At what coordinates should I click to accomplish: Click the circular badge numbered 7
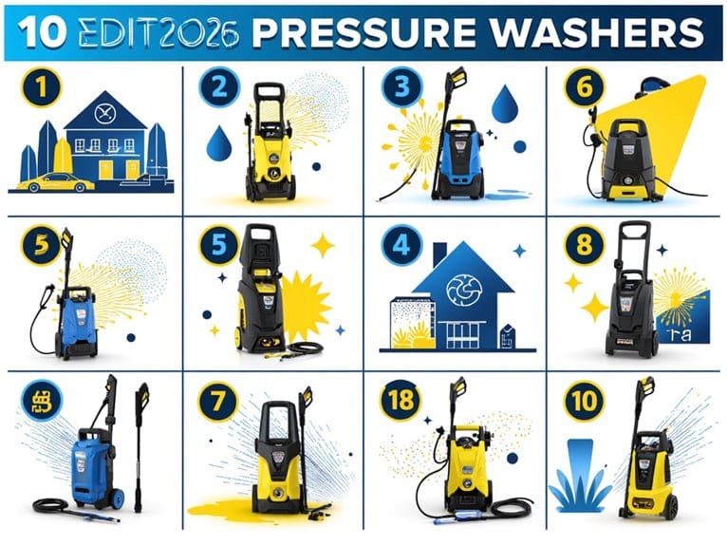[219, 399]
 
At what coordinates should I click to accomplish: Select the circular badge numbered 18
[401, 400]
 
